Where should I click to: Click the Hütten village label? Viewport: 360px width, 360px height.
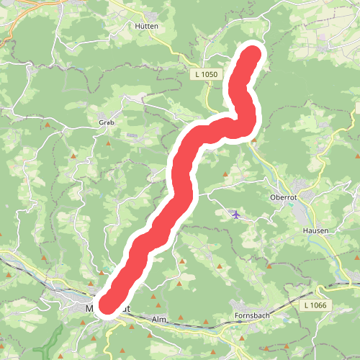point(146,25)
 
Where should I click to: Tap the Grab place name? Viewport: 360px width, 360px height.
point(107,122)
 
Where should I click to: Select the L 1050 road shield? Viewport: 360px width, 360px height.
point(204,74)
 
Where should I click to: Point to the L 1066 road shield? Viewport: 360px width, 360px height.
point(314,306)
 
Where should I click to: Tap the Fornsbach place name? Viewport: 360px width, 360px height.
point(251,315)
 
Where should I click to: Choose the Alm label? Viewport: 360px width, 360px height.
point(159,318)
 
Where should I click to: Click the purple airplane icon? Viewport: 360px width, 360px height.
point(236,213)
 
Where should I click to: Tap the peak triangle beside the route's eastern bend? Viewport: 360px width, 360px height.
point(253,141)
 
